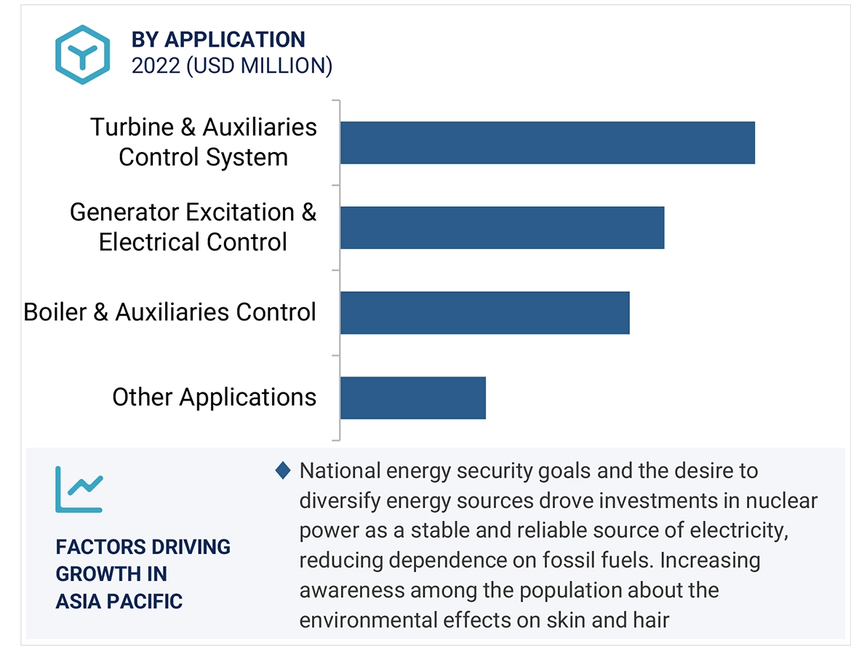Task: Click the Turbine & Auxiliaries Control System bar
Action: (x=548, y=143)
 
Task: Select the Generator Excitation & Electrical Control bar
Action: (x=503, y=228)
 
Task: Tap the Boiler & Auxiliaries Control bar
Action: (x=485, y=313)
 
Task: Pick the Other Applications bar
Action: (x=413, y=397)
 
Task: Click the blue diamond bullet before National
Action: (x=283, y=470)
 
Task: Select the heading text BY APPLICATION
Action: (x=218, y=39)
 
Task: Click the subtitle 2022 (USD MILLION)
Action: (x=232, y=66)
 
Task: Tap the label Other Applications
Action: (x=215, y=397)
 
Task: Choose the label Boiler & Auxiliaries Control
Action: (x=170, y=312)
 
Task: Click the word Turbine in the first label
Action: (x=132, y=127)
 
